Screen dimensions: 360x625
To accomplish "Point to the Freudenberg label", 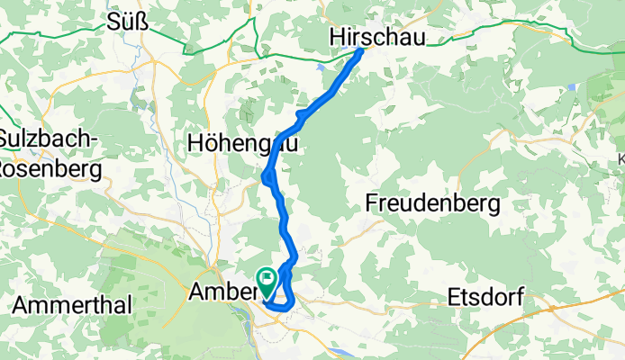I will click(x=432, y=204).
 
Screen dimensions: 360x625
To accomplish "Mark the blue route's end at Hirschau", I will click(x=361, y=50).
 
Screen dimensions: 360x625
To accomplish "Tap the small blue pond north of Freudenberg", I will click(x=571, y=86).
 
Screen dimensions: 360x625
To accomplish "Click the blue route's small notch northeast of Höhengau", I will click(x=299, y=116).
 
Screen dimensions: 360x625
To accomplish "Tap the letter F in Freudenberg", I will click(x=372, y=204).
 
